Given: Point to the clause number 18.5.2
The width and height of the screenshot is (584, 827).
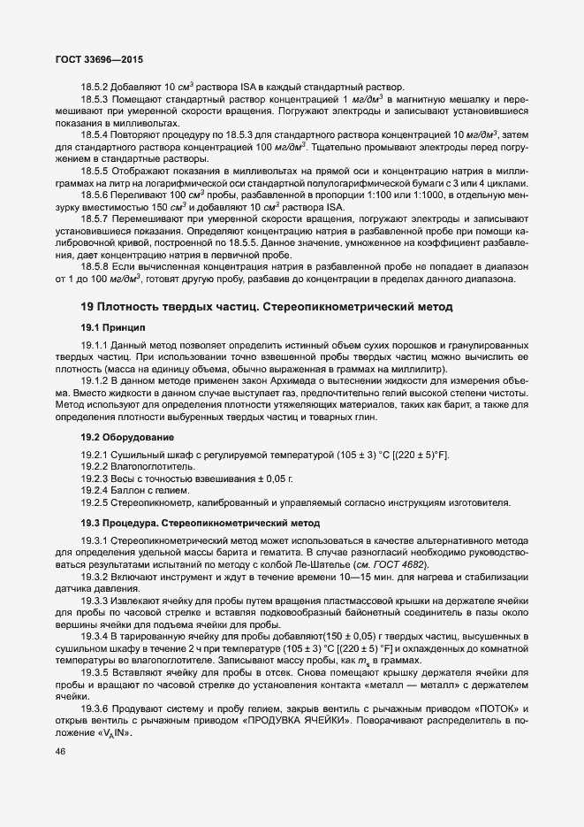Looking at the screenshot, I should (x=95, y=86).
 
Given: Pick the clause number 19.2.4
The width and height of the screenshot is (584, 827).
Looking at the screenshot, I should (x=93, y=490).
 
